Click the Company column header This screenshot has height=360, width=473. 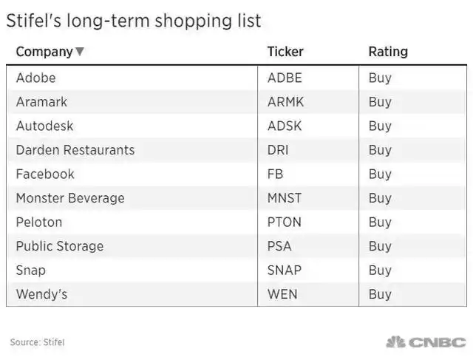click(44, 52)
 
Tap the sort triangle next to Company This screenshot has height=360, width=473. click(80, 52)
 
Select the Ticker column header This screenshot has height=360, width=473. click(285, 52)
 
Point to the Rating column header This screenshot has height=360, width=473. click(388, 52)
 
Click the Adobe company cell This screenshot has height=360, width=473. click(35, 78)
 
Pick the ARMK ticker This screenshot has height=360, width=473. click(285, 102)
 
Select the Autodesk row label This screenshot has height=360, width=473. click(44, 126)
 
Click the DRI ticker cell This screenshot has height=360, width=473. click(278, 150)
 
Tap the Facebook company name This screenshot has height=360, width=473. click(45, 174)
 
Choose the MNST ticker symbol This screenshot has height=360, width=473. click(285, 198)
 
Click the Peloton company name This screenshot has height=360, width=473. click(39, 222)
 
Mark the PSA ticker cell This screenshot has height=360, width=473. click(279, 246)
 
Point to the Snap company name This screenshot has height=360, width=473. click(31, 270)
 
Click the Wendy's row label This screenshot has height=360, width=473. click(41, 294)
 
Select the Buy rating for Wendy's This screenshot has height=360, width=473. click(380, 294)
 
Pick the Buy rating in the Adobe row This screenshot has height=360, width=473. click(380, 78)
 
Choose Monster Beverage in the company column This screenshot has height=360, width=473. click(70, 198)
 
